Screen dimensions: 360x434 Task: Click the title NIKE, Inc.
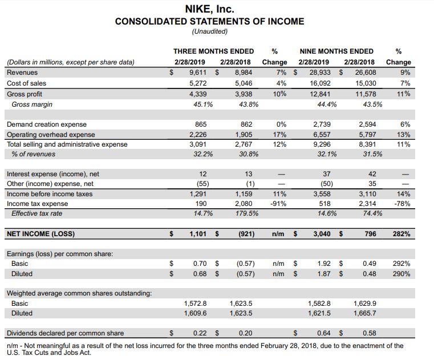(x=210, y=10)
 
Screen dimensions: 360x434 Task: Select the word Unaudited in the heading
(x=210, y=31)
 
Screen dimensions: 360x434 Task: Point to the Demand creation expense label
(x=46, y=124)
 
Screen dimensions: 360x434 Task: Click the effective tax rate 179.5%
(x=242, y=213)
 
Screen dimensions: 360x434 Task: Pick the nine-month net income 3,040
(x=322, y=234)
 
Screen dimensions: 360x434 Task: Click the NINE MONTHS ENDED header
(x=336, y=51)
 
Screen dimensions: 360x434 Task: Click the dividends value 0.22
(x=199, y=333)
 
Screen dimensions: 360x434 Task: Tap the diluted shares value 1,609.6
(x=195, y=313)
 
